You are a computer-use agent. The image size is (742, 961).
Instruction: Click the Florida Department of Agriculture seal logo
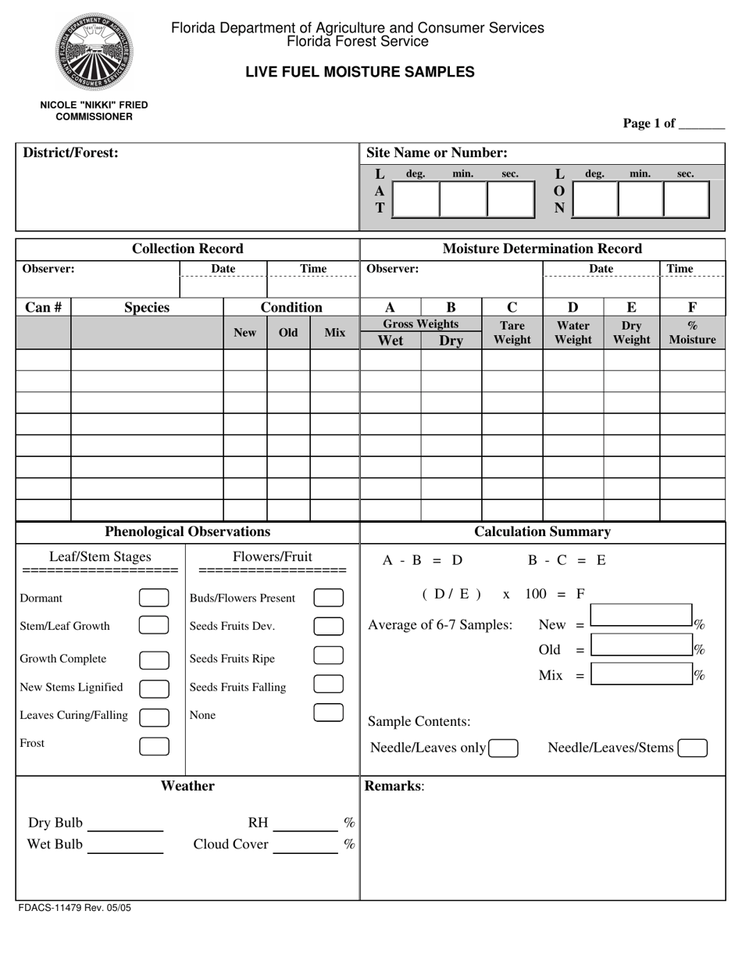coord(93,52)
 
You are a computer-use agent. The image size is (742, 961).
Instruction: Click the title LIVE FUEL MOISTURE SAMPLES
coord(360,72)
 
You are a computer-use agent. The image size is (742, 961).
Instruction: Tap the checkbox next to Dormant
coord(154,598)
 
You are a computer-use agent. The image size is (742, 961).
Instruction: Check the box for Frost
coord(154,746)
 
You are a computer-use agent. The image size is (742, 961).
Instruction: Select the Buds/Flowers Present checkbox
coord(328,598)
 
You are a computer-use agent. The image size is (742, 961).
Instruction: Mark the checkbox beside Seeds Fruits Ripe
coord(328,656)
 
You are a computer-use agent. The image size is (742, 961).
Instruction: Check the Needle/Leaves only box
coord(504,748)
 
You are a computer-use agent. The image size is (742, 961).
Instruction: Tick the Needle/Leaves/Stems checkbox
coord(693,748)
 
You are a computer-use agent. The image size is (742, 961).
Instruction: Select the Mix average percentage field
coord(641,674)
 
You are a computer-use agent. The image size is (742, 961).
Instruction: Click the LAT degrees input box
coord(416,199)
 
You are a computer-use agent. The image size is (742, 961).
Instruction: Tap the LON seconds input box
coord(686,199)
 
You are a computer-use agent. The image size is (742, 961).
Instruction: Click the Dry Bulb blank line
coord(126,823)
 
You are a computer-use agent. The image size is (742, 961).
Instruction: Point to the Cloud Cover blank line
coord(305,845)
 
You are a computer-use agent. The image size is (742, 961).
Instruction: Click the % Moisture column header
coord(692,332)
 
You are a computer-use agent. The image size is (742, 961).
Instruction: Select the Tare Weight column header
coord(512,332)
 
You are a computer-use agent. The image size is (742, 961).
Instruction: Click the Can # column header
coord(44,308)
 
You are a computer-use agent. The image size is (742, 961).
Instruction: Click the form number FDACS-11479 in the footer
coord(73,909)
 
